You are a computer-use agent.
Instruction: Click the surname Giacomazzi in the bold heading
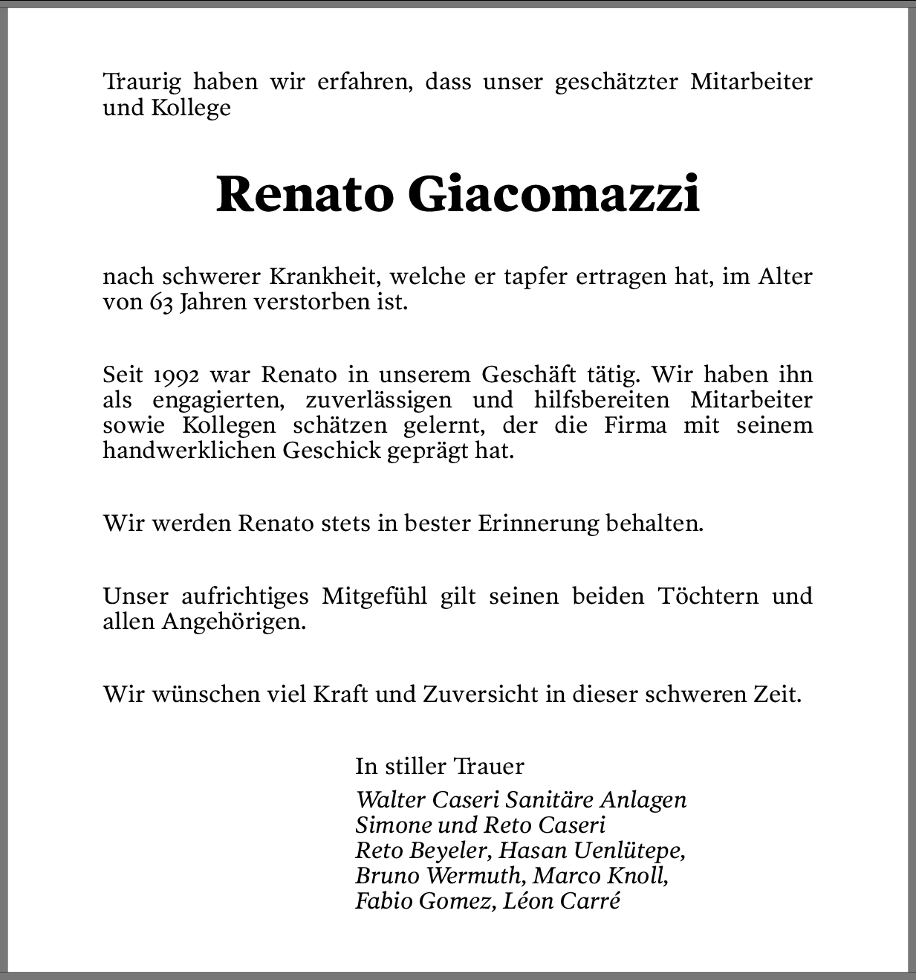[553, 195]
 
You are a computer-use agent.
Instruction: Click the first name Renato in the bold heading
[304, 195]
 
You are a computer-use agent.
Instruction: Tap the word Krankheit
[325, 277]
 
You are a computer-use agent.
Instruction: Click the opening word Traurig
[142, 82]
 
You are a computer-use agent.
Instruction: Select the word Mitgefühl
[374, 596]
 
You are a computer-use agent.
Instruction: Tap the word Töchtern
[708, 596]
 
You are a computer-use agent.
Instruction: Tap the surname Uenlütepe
[626, 850]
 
